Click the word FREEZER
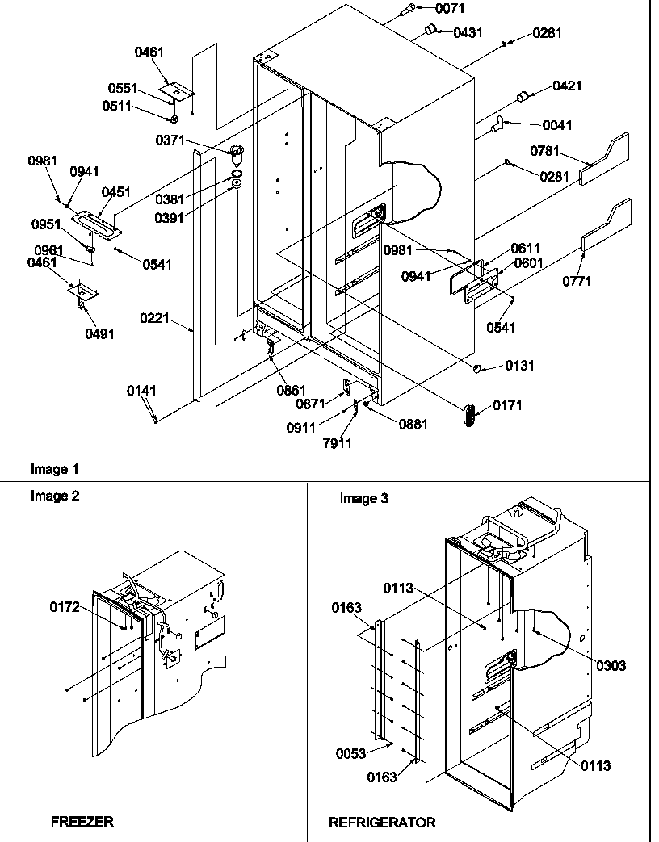coord(82,822)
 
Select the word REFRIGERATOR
coord(382,822)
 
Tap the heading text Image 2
coord(55,496)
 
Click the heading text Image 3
coord(363,498)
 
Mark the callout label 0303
coord(611,665)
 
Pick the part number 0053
coord(351,753)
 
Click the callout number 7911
coord(337,442)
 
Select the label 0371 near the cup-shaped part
coord(172,141)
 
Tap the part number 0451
coord(116,192)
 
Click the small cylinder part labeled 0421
coord(524,97)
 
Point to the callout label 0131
coord(521,366)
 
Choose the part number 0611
coord(526,249)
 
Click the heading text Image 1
coord(55,468)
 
